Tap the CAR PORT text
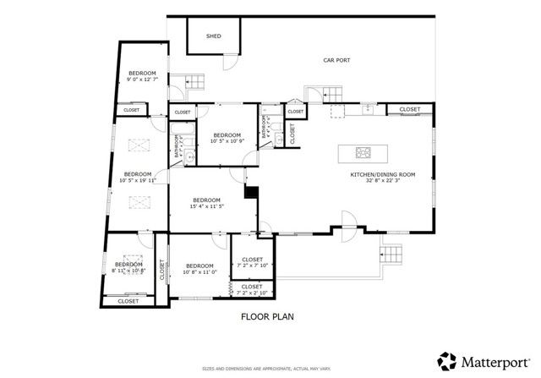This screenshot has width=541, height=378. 336,61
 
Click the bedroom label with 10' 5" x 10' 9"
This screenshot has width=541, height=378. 227,138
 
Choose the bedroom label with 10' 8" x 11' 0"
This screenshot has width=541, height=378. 199,269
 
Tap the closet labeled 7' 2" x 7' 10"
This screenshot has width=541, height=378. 252,262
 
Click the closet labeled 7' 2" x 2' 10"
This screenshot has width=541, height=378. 252,289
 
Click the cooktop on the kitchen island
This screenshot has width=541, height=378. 364,153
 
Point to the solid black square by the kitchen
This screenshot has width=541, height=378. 250,192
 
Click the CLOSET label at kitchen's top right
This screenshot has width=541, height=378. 410,109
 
